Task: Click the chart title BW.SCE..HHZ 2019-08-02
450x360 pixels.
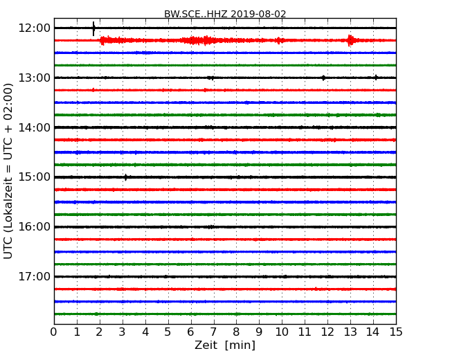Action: click(225, 14)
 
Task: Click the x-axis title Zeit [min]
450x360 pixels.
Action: click(225, 345)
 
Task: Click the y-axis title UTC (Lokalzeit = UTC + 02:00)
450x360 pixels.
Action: click(8, 171)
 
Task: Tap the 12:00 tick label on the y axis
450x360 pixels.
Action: click(35, 28)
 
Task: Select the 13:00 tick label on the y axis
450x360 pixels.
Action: click(35, 78)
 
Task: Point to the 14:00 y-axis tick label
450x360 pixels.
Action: click(35, 127)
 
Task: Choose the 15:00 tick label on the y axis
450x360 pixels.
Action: click(35, 177)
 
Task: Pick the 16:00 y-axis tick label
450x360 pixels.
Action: click(35, 227)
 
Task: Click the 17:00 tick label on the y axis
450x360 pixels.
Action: click(35, 277)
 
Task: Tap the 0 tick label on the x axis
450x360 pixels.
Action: click(54, 332)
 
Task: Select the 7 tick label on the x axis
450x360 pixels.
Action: click(214, 332)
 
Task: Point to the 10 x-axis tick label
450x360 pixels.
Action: click(282, 332)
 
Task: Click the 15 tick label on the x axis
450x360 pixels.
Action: click(396, 332)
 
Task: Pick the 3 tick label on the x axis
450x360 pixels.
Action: click(123, 332)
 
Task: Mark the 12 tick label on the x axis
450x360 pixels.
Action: click(327, 332)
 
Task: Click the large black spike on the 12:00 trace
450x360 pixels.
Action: click(93, 28)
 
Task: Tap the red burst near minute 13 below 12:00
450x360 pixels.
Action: click(351, 40)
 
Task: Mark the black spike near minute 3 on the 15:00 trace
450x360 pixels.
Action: click(125, 177)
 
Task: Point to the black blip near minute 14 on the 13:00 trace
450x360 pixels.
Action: click(375, 78)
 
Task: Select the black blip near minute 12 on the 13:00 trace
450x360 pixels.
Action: click(323, 78)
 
